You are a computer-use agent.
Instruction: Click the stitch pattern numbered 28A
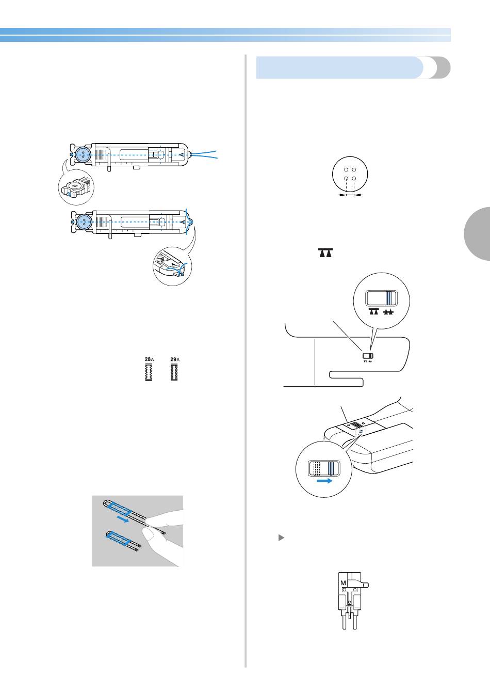(x=149, y=371)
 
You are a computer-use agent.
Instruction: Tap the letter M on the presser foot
(x=344, y=583)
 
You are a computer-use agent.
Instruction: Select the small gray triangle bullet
(x=281, y=538)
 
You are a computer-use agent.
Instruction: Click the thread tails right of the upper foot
(x=206, y=153)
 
